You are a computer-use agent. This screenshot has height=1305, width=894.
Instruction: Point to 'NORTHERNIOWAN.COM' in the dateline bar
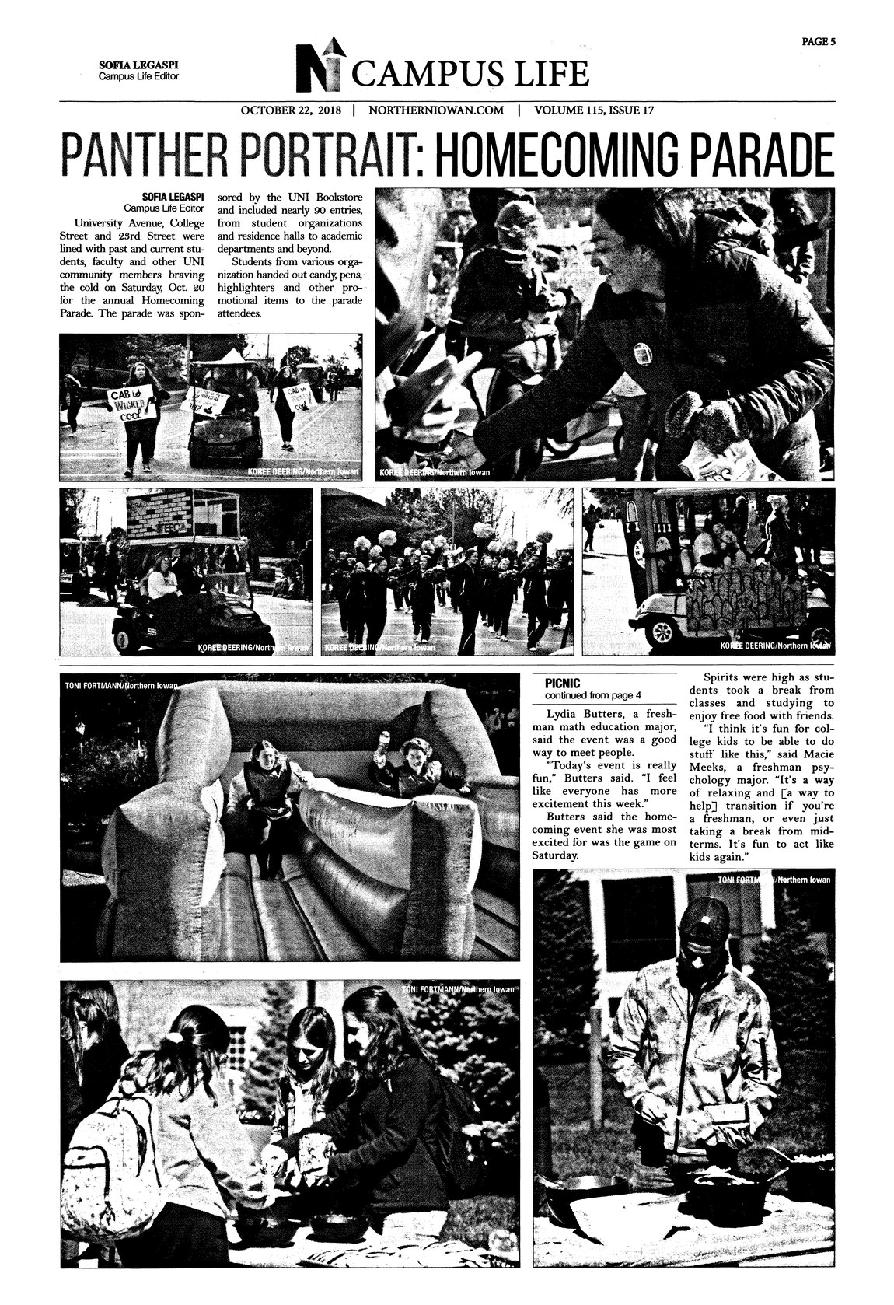coord(436,110)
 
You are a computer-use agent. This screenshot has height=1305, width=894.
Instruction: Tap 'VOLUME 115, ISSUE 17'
coord(594,110)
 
